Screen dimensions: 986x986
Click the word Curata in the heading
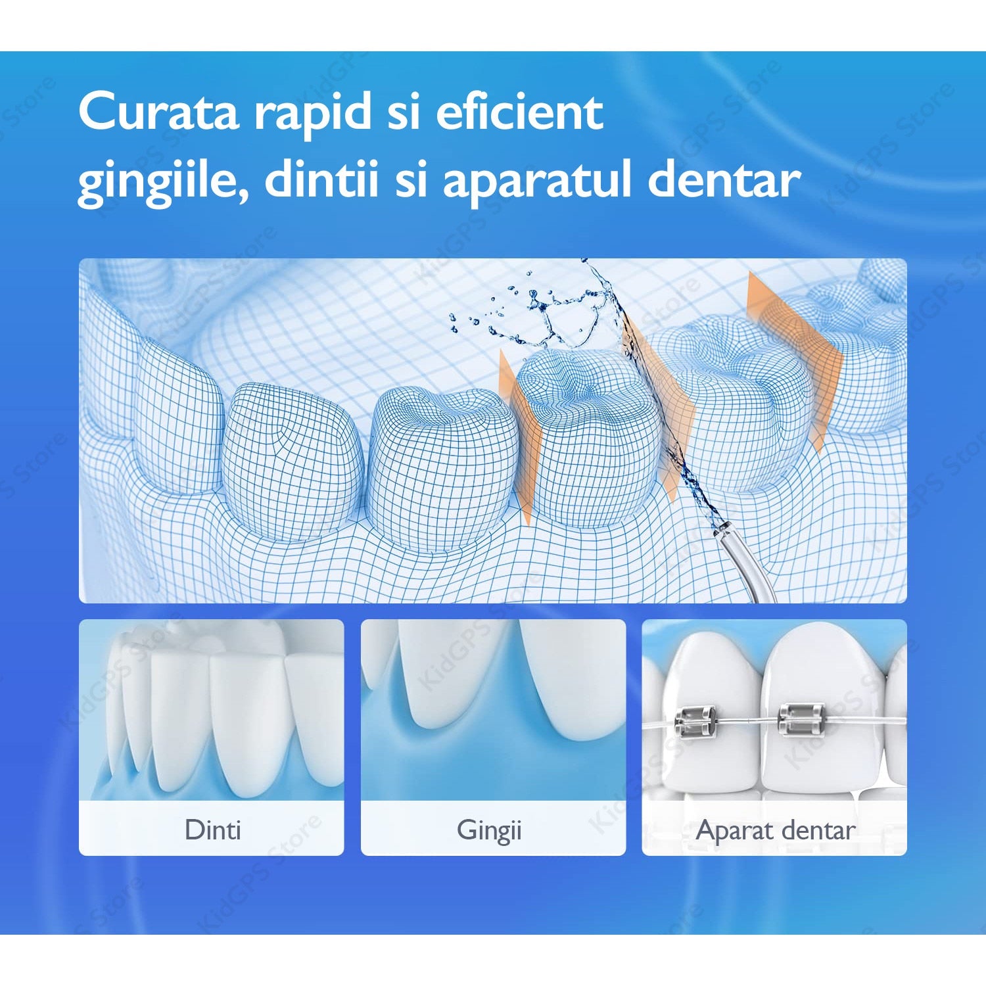tap(158, 111)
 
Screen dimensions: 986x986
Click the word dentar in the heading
tap(724, 177)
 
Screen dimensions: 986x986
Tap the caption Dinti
tap(213, 830)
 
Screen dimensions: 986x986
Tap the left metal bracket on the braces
tap(693, 722)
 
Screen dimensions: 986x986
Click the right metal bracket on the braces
tap(800, 718)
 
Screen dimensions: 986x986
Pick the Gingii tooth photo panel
tap(493, 737)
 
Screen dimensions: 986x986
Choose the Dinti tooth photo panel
tap(211, 737)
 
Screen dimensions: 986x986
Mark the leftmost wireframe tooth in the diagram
tap(177, 414)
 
